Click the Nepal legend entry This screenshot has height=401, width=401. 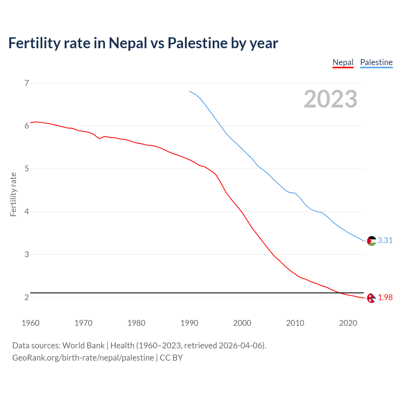[x=343, y=62]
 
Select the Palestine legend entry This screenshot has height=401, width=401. [x=376, y=62]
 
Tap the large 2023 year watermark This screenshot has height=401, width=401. [x=330, y=99]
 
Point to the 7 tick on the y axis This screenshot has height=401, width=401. [x=27, y=83]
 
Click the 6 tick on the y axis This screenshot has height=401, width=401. [x=27, y=126]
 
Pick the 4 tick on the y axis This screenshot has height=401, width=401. [x=27, y=211]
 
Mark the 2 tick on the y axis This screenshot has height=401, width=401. [x=27, y=297]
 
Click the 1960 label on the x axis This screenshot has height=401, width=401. [x=30, y=323]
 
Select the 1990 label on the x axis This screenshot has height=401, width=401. [x=189, y=323]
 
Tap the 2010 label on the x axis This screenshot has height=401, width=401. [x=295, y=323]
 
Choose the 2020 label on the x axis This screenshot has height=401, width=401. [x=348, y=323]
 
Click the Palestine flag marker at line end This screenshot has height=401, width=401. [x=371, y=241]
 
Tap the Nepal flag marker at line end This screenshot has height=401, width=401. [x=371, y=298]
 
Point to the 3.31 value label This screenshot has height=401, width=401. [x=385, y=240]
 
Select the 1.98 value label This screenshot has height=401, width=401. [x=385, y=297]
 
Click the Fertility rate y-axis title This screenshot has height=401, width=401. [x=13, y=194]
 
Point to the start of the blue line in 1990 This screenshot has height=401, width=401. [x=189, y=91]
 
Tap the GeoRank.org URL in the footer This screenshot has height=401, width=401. [x=83, y=358]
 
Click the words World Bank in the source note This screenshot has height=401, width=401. [x=83, y=346]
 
